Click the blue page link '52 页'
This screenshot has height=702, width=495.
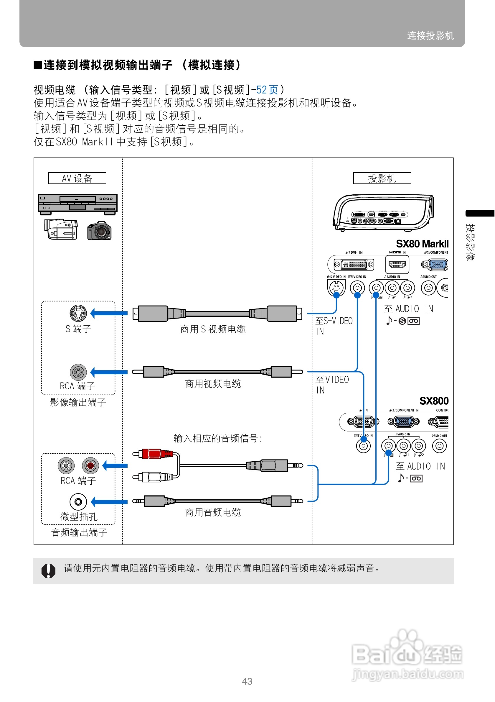click(267, 90)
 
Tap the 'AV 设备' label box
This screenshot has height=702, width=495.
click(77, 178)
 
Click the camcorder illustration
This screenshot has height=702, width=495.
click(61, 229)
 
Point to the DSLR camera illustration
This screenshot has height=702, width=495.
click(99, 231)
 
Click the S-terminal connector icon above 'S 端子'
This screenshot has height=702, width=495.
click(78, 313)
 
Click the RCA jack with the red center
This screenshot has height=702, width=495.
click(90, 466)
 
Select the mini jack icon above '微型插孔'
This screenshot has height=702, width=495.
click(78, 502)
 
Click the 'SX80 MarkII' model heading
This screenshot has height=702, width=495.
click(422, 244)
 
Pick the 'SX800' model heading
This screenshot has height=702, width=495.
click(434, 401)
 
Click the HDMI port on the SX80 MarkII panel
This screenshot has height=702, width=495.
click(397, 265)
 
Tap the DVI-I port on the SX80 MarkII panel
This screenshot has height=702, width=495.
click(354, 265)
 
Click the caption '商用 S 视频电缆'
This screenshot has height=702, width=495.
click(212, 329)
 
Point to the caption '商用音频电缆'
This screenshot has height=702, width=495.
click(212, 512)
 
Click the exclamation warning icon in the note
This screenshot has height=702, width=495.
click(48, 570)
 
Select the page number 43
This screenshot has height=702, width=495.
click(247, 681)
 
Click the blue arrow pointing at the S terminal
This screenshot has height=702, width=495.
click(109, 313)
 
